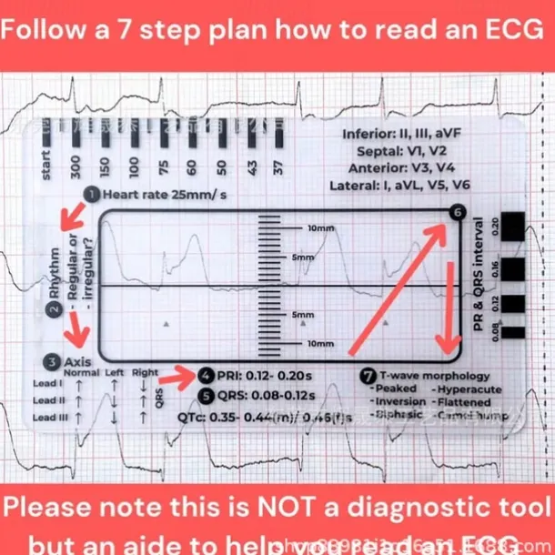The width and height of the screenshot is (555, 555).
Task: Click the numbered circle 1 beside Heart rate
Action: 93,194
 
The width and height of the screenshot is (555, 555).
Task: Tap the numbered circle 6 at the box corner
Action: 456,214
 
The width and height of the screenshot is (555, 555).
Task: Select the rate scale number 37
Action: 278,166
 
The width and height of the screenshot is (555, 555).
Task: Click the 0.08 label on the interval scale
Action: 495,332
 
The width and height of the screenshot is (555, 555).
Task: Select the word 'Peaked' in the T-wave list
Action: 395,388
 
